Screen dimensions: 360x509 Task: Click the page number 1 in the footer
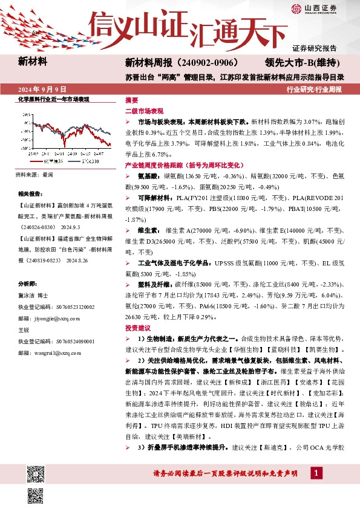(x=315, y=473)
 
